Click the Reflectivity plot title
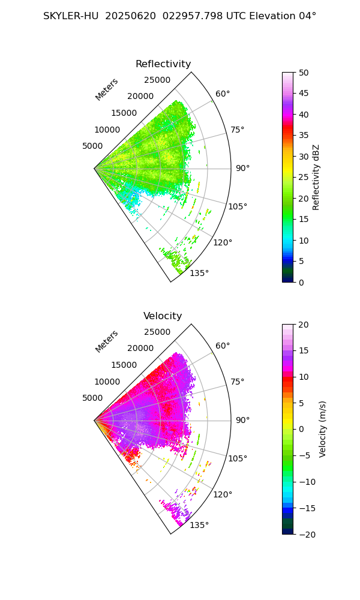coord(163,64)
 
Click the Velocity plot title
coord(163,316)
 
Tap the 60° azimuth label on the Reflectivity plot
coord(223,94)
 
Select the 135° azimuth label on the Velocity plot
coord(199,525)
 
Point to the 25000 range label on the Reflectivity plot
coord(157,80)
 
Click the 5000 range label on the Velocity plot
coord(92,398)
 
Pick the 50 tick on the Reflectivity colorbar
coord(304,73)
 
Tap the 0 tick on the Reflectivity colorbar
coord(301,283)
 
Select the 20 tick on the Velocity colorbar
coord(304,325)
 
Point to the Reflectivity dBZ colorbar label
coord(316,178)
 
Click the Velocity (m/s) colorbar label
coord(323,430)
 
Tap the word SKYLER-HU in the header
coord(71,16)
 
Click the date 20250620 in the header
coord(130,16)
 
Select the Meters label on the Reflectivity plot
coord(107,89)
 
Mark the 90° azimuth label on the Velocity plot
coord(242,420)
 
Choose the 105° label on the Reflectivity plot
coord(238,206)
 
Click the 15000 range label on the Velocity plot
coord(124,365)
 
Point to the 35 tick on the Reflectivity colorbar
coord(304,136)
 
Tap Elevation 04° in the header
coord(283,16)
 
